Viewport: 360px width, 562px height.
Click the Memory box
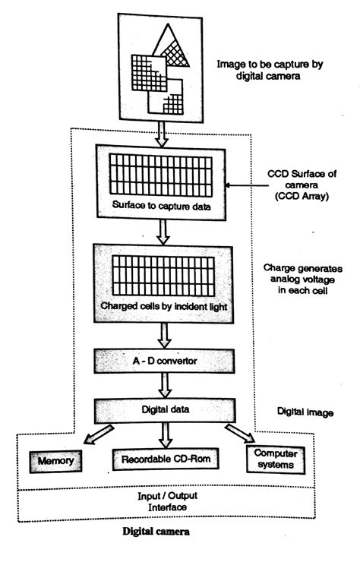(57, 460)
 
